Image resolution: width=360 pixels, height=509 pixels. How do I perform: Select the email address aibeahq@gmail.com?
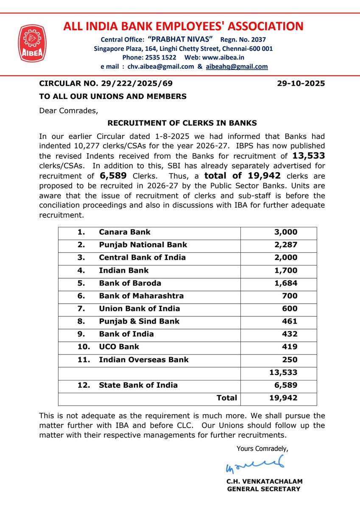(237, 67)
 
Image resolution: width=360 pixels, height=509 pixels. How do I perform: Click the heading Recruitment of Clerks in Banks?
(182, 123)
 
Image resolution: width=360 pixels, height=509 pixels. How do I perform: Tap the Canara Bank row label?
(125, 232)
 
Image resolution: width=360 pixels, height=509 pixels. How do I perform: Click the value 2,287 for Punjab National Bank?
(286, 245)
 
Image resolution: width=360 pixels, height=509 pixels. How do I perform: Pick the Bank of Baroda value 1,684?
(286, 283)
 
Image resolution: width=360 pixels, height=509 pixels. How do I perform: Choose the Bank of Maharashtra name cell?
(141, 296)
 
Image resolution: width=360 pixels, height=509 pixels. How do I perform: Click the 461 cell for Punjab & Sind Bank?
(290, 321)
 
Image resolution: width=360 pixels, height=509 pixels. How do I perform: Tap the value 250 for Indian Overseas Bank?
(290, 360)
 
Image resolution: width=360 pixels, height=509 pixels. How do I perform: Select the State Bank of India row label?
(138, 385)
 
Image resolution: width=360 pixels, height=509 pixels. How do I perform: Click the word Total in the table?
(226, 398)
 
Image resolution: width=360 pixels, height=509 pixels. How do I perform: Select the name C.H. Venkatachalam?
(265, 481)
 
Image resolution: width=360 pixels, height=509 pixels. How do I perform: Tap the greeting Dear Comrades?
(68, 111)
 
